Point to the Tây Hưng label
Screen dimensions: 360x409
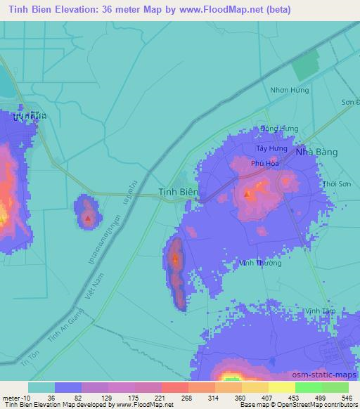coord(271,149)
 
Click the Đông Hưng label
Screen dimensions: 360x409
coord(279,129)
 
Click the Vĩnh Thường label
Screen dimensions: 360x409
coord(261,263)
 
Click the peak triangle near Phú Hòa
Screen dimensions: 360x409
coord(247,193)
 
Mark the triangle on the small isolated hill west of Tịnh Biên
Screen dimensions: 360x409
coord(87,219)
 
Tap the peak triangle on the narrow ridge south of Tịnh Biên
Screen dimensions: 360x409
coord(175,258)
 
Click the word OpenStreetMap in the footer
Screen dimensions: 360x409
coord(288,405)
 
